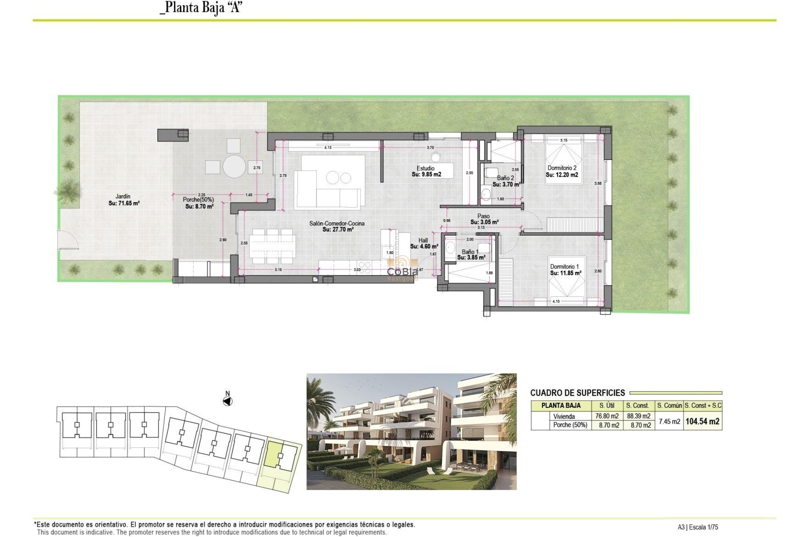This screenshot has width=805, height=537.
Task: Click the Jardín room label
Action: pos(123,196)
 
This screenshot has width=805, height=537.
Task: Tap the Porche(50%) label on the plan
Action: pos(198,200)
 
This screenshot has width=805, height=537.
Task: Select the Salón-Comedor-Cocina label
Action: pos(337,224)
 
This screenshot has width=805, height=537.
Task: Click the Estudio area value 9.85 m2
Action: pos(426,175)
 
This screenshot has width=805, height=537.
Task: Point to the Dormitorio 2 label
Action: pos(562,168)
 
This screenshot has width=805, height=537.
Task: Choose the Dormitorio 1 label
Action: pos(564,266)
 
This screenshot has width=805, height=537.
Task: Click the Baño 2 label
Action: pos(505,178)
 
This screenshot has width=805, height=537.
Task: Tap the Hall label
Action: pos(423,240)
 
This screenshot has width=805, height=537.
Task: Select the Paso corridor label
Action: pos(483,216)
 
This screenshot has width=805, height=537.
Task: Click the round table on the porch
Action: pos(234,167)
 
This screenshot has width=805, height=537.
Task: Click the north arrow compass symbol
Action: pos(228,401)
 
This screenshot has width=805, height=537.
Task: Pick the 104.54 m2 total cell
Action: pos(702,421)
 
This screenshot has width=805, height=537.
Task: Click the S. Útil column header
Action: pos(607,405)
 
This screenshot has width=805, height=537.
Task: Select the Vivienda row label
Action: pos(564,416)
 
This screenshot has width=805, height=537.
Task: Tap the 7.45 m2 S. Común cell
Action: pos(669,421)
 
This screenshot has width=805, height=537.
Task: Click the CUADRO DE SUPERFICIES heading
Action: pos(577,393)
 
